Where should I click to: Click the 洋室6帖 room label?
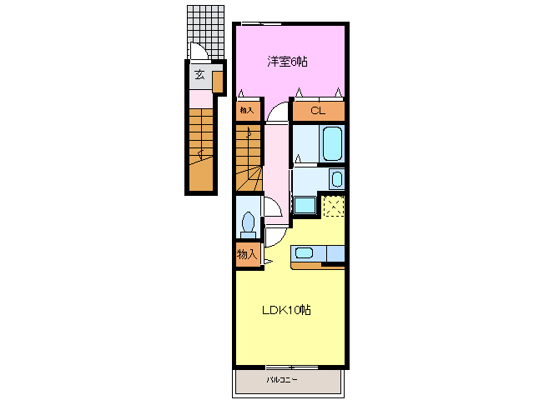(x=287, y=62)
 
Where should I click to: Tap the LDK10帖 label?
(x=286, y=310)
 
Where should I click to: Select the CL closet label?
(x=318, y=111)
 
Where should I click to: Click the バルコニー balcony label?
(x=282, y=379)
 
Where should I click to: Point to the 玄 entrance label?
(x=199, y=74)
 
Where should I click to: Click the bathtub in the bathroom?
(x=332, y=143)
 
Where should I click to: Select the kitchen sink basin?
(x=304, y=253)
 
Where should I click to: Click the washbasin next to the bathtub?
(x=337, y=179)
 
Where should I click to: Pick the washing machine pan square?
(x=305, y=206)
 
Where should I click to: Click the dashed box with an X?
(x=334, y=206)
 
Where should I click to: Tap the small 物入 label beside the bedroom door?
(x=247, y=110)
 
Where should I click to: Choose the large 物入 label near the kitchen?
(x=247, y=254)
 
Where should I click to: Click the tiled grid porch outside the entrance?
(x=206, y=32)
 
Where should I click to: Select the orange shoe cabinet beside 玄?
(x=218, y=82)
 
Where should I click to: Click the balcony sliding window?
(x=292, y=367)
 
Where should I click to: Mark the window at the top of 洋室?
(x=261, y=23)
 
